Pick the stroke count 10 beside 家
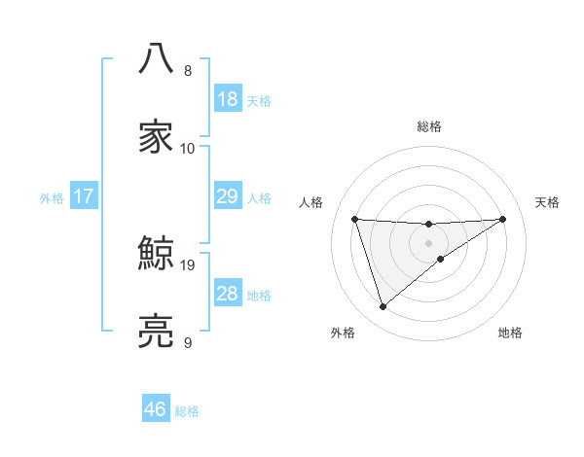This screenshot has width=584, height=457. pyautogui.click(x=188, y=149)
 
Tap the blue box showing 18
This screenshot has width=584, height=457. pyautogui.click(x=227, y=99)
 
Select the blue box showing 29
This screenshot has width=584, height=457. pyautogui.click(x=227, y=196)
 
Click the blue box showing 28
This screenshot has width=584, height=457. pyautogui.click(x=227, y=294)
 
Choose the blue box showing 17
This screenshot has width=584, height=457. pyautogui.click(x=84, y=196)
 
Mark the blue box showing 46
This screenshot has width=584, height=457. pyautogui.click(x=156, y=409)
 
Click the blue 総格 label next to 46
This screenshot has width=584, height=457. pyautogui.click(x=187, y=411)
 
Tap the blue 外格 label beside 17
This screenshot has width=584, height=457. pyautogui.click(x=52, y=198)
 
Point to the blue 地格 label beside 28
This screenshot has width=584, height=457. pyautogui.click(x=259, y=296)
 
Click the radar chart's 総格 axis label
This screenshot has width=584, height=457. pyautogui.click(x=428, y=126)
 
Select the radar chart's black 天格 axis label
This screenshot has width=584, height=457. pyautogui.click(x=547, y=202)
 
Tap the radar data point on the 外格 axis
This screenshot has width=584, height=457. pyautogui.click(x=383, y=307)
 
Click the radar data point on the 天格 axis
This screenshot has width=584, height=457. pyautogui.click(x=502, y=219)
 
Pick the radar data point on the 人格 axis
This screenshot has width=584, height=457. pyautogui.click(x=355, y=219)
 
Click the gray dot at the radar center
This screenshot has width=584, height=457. pyautogui.click(x=428, y=242)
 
